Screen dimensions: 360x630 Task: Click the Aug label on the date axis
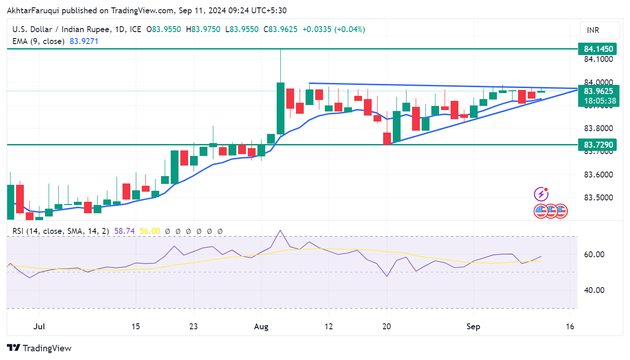click(x=261, y=327)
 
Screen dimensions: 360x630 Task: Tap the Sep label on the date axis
click(x=473, y=327)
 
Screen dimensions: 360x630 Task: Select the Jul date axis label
click(x=39, y=327)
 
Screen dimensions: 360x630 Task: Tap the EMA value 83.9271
click(x=84, y=41)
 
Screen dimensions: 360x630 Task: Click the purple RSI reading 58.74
click(x=124, y=231)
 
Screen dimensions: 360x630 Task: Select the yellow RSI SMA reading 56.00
click(x=150, y=231)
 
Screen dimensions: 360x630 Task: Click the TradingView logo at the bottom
click(x=39, y=348)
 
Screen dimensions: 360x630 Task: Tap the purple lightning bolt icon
click(x=541, y=194)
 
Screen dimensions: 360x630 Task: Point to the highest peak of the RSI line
click(x=280, y=230)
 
